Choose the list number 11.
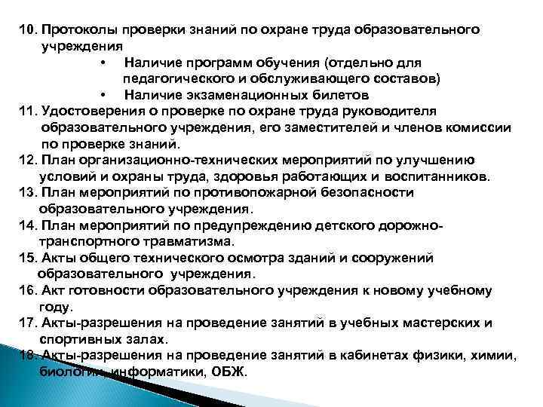click(x=29, y=111)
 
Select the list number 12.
click(x=29, y=160)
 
